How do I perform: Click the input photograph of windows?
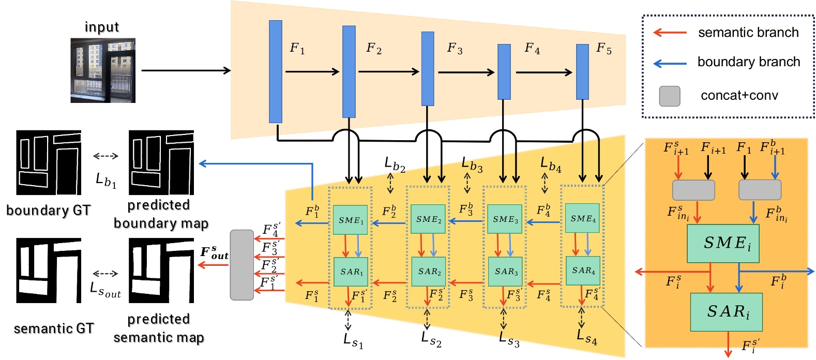tap(103, 70)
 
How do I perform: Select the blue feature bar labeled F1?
tap(275, 71)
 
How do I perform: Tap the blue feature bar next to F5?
tap(582, 71)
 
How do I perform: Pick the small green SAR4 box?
tap(583, 271)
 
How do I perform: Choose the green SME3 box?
tap(505, 219)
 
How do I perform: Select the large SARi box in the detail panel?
tap(726, 312)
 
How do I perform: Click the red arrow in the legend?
tap(670, 33)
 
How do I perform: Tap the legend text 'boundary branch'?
tap(748, 62)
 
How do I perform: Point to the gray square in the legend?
tap(669, 96)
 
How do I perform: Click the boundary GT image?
tap(49, 162)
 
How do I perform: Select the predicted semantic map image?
tap(161, 271)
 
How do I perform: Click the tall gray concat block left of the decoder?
tap(241, 265)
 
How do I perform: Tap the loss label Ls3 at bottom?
tap(508, 339)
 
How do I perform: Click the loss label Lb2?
tap(395, 164)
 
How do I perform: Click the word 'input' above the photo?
tap(102, 27)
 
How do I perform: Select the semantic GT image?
tap(49, 271)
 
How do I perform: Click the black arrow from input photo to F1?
tap(186, 70)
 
